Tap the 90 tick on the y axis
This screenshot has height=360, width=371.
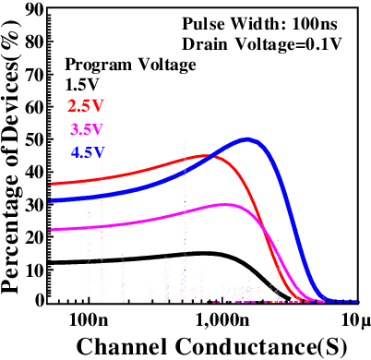coord(33,9)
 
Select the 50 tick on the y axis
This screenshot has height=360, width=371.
coord(33,138)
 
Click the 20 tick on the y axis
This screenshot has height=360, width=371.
coord(33,236)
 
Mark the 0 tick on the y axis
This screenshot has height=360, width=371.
coord(39,300)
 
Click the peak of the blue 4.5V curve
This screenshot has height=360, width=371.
coord(247,139)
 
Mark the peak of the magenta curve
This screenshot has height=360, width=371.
coord(225,204)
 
